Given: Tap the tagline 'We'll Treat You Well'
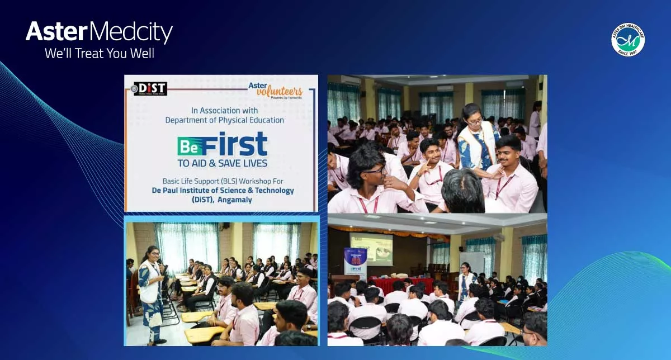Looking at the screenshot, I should (x=99, y=54).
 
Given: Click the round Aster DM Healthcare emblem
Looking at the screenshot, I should (x=628, y=40).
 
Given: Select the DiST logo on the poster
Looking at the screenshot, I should (x=149, y=89).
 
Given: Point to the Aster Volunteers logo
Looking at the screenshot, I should (x=275, y=90).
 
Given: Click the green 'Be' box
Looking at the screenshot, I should (x=189, y=147).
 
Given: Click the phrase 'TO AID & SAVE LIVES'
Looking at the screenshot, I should (x=223, y=163).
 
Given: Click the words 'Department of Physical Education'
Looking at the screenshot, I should (x=225, y=120).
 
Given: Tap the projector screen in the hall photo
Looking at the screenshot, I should (x=371, y=248).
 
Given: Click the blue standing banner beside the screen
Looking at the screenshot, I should (x=355, y=263).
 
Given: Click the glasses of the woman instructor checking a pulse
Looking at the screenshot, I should (x=474, y=120).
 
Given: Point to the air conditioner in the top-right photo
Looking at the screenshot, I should (x=445, y=88).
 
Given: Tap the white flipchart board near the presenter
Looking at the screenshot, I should (x=472, y=263).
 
